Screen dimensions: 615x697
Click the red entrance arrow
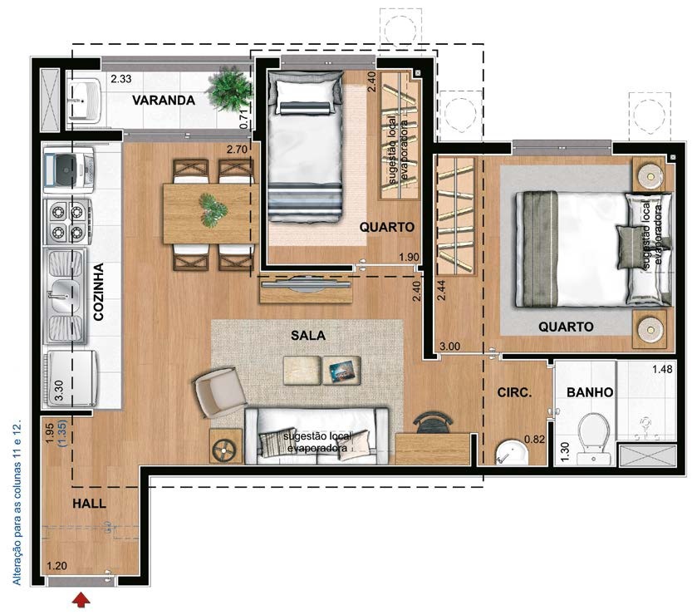[81, 599]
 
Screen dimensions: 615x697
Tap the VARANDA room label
[164, 101]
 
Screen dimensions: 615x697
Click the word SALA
[307, 335]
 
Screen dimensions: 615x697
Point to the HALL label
[89, 503]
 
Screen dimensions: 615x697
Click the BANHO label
[590, 392]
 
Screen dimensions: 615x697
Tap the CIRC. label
[513, 392]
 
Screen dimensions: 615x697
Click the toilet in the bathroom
[594, 436]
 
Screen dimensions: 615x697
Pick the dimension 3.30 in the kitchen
[58, 391]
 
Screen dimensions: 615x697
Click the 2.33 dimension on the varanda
[123, 80]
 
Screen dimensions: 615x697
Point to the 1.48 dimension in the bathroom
[661, 369]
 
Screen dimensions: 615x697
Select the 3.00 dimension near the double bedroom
[449, 346]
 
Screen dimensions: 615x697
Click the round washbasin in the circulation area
[509, 454]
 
